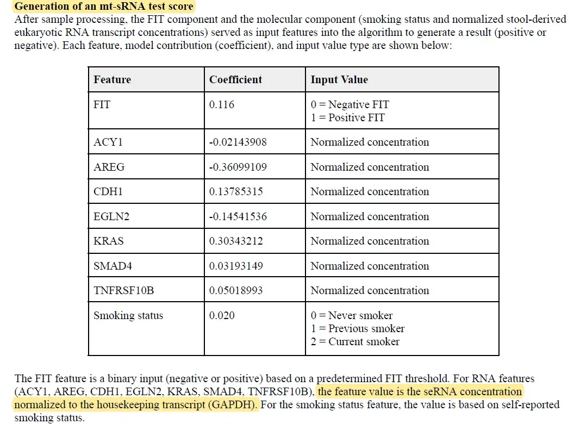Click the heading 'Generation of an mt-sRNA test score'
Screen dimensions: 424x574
coord(103,7)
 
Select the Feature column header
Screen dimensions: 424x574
coord(112,80)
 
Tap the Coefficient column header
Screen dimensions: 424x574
coord(235,80)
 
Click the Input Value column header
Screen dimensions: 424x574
coord(339,80)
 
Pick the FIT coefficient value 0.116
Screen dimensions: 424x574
coord(222,104)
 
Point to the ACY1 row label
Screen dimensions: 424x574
coord(108,142)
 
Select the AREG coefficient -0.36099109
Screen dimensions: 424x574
coord(238,167)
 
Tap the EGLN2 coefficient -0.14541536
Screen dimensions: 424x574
coord(238,217)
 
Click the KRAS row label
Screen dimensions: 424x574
coord(109,241)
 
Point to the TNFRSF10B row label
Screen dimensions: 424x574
coord(123,291)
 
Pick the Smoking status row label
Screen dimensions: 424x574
coord(128,316)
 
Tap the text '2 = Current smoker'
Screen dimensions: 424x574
coord(355,342)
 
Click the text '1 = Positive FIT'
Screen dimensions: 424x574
coord(347,117)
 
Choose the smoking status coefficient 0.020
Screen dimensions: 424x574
coord(222,316)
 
